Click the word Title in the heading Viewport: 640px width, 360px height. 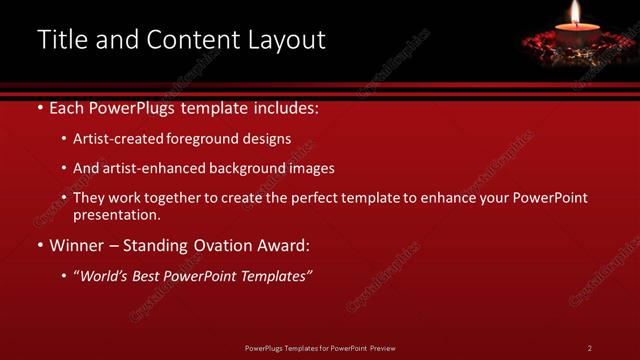pyautogui.click(x=61, y=40)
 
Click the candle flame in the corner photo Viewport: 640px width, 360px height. pyautogui.click(x=575, y=13)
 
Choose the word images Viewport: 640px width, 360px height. pyautogui.click(x=312, y=169)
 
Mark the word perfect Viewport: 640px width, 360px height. pyautogui.click(x=314, y=198)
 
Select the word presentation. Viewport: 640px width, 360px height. pyautogui.click(x=115, y=215)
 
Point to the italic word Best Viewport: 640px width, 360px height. pyautogui.click(x=144, y=275)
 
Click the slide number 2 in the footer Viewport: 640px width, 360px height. pyautogui.click(x=589, y=348)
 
